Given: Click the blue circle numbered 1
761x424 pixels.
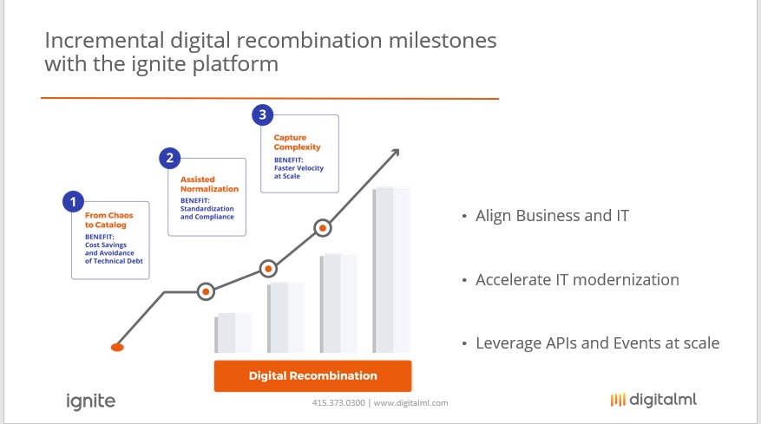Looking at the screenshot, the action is click(x=73, y=201).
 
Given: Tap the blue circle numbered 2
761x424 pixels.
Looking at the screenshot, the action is click(x=170, y=158).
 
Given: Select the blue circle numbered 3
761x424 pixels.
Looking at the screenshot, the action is click(x=263, y=115).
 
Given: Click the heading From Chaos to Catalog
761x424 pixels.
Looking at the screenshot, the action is click(x=108, y=219).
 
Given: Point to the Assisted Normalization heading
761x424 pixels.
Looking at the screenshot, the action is click(x=209, y=184).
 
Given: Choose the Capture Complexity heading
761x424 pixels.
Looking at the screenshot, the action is click(x=297, y=142).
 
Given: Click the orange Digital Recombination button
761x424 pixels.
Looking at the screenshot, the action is click(x=312, y=375).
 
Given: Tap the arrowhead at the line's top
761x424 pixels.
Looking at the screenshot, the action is click(x=396, y=153).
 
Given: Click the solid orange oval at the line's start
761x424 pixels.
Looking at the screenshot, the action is click(x=117, y=348).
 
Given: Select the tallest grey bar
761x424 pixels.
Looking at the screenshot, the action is click(x=391, y=270).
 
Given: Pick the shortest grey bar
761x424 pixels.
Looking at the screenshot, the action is click(x=233, y=333).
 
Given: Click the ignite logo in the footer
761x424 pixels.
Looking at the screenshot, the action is click(x=91, y=401).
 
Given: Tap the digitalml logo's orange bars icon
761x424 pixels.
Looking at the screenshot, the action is click(x=618, y=400).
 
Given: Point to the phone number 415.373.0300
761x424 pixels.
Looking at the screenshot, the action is click(x=338, y=402).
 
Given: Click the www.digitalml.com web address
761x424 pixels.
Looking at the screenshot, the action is click(x=410, y=402).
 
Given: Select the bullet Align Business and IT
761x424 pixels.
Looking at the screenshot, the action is click(x=552, y=215).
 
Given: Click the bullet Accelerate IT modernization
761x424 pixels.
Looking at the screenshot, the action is click(x=577, y=279).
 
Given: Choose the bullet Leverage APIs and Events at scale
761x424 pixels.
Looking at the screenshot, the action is click(x=598, y=343).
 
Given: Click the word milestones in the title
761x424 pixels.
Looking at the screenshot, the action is click(x=443, y=40).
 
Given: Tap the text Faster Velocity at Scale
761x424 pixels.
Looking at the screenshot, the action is click(x=298, y=172).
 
